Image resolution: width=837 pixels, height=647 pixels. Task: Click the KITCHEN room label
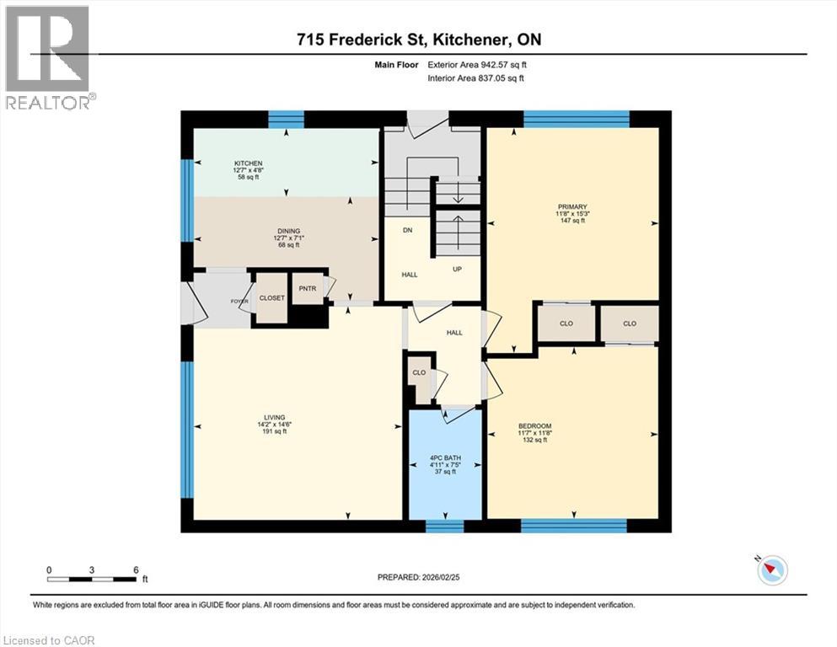coord(249,163)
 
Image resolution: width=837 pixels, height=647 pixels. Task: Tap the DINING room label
coord(288,231)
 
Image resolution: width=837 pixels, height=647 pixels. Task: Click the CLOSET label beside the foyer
coord(271,297)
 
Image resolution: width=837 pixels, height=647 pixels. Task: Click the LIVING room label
coord(273,417)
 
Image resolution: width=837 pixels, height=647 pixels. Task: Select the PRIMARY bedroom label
coord(571,206)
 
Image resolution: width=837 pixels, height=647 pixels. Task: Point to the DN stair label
coord(407,230)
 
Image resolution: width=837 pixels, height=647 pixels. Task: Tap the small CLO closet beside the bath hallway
coord(419,372)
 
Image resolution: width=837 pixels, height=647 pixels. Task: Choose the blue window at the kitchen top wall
coord(286,119)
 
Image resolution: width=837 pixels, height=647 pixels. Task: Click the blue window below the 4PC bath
coord(444,527)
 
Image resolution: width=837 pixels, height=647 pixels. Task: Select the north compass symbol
coord(771,569)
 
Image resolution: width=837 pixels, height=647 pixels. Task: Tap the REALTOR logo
coord(48,58)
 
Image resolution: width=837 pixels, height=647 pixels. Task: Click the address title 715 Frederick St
coord(418,40)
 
